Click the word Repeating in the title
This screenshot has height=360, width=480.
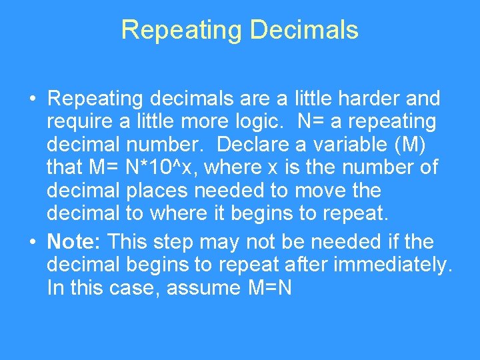(x=171, y=30)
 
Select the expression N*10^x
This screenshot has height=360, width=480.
(x=158, y=167)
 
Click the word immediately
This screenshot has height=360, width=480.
(x=393, y=265)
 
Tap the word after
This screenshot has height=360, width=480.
(x=306, y=265)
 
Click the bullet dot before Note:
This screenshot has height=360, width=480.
(x=32, y=241)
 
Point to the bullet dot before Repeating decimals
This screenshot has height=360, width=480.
(x=32, y=99)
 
